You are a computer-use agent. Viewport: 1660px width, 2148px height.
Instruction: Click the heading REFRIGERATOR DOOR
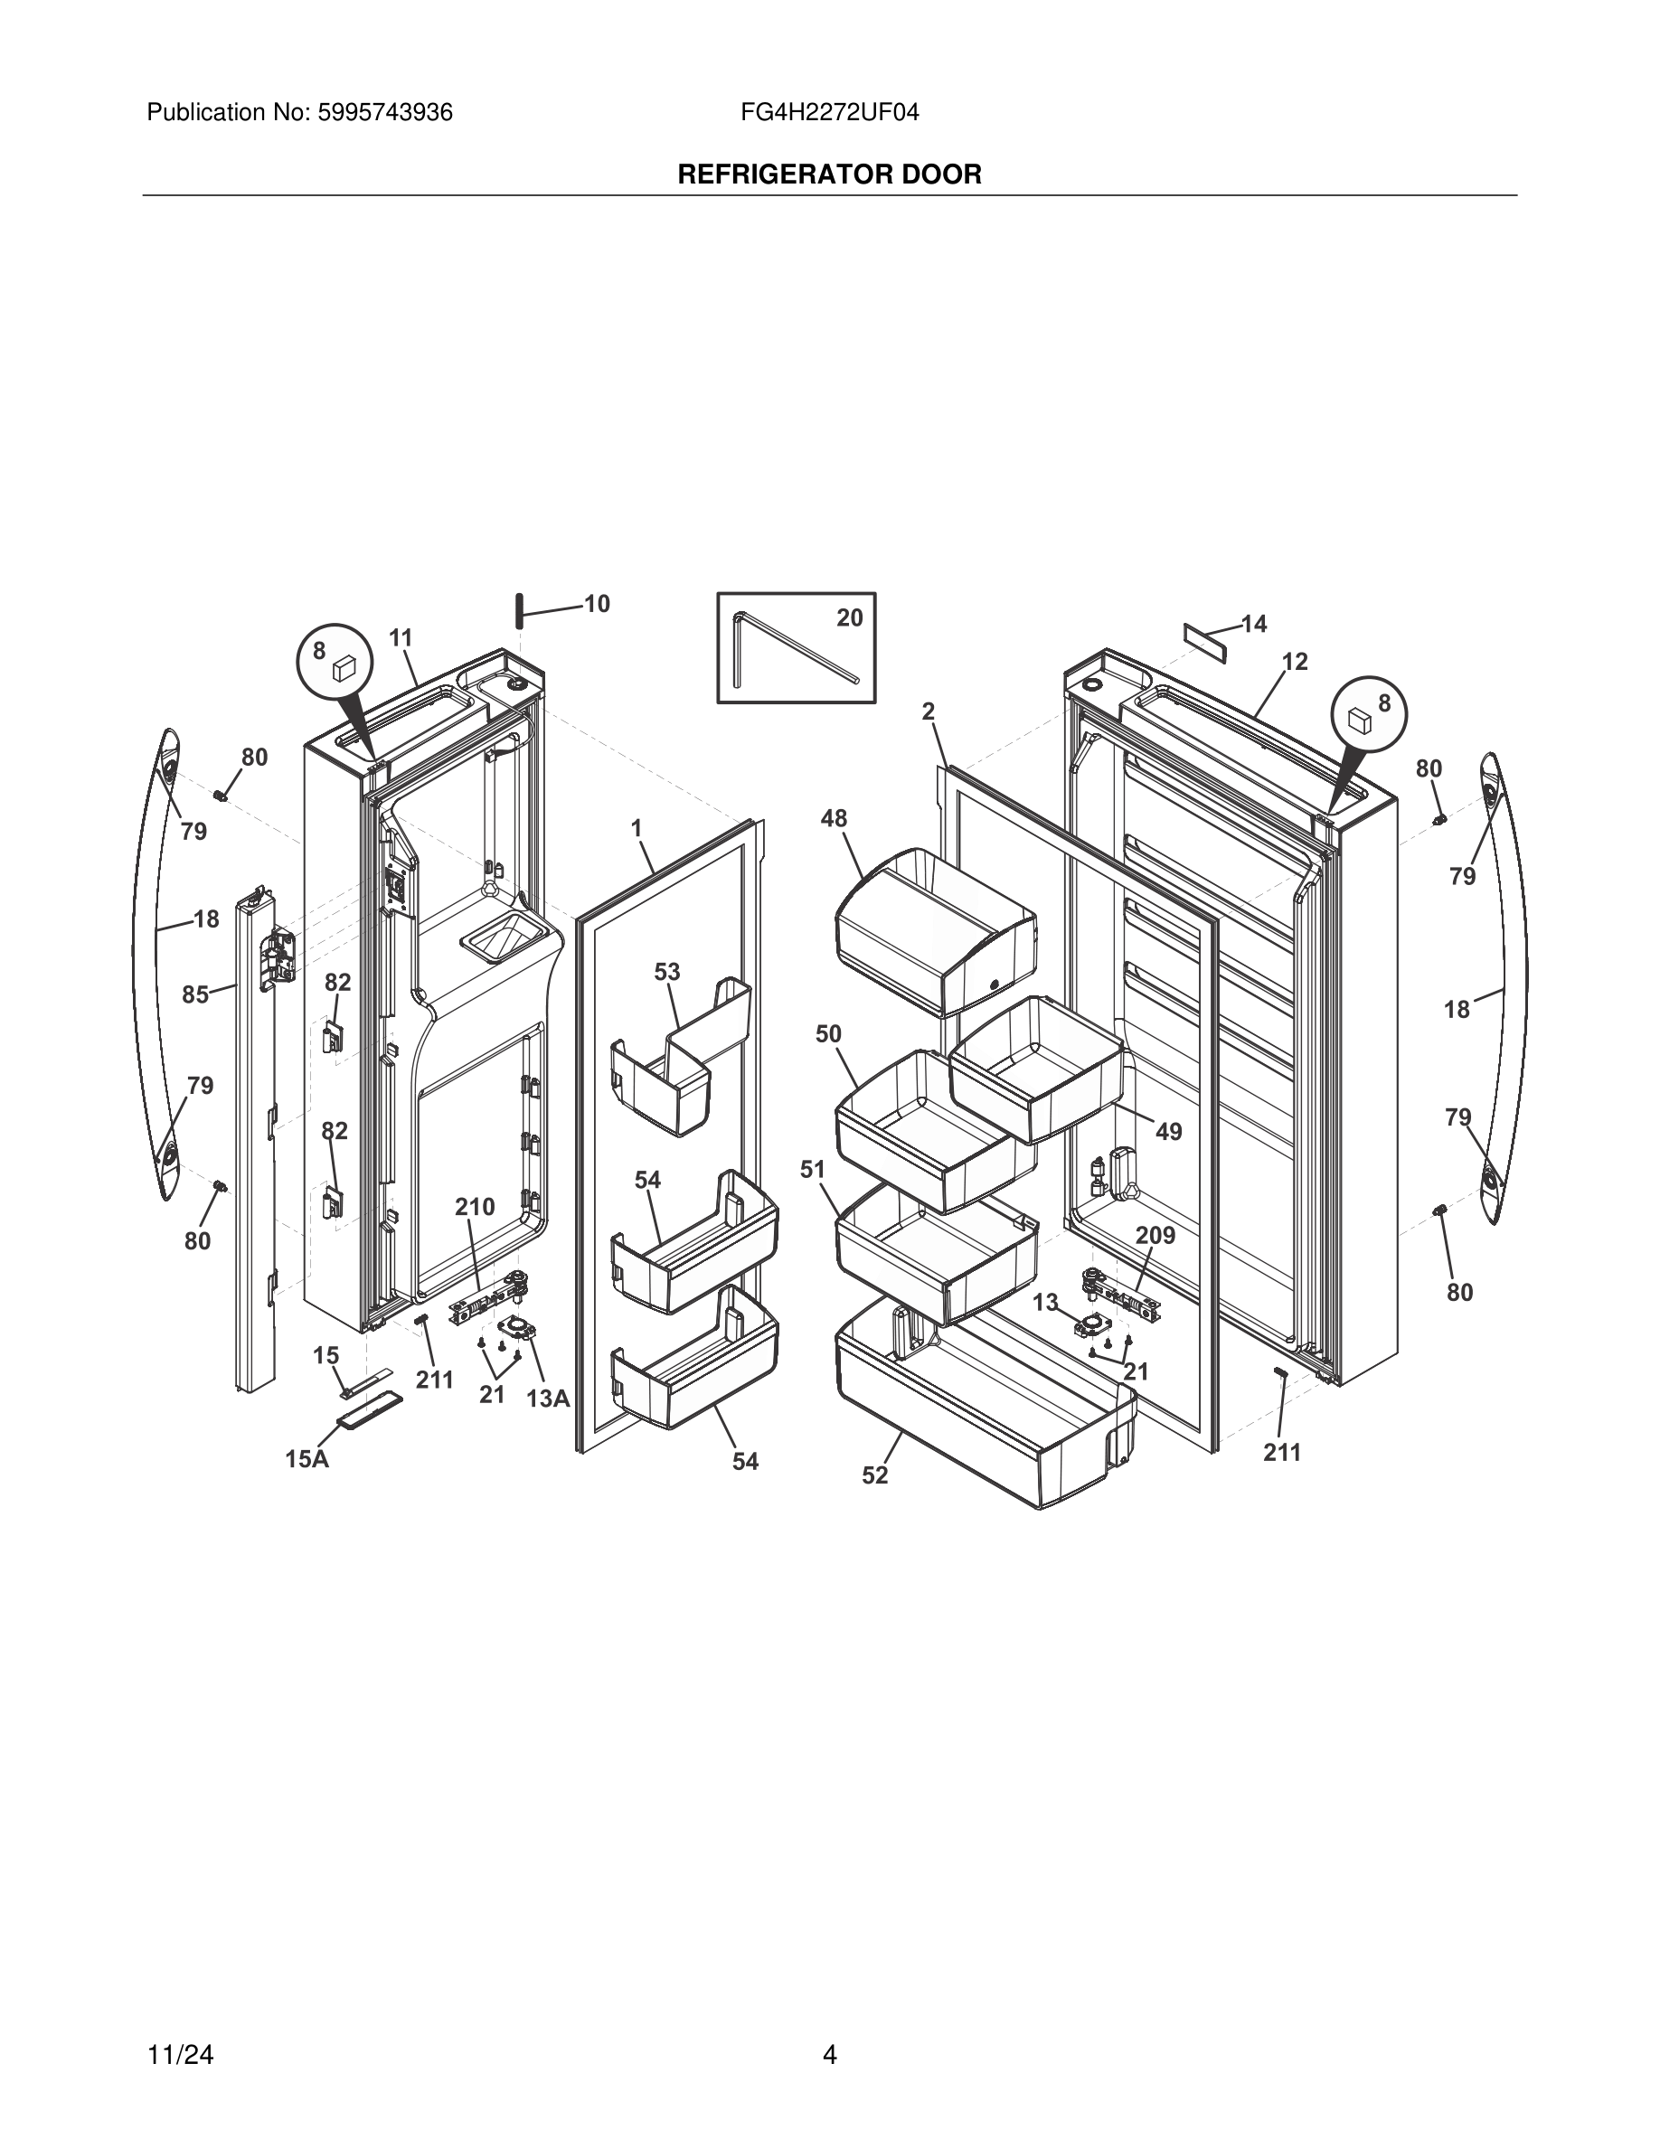coord(829,175)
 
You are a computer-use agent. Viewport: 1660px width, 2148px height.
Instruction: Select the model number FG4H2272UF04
coord(830,113)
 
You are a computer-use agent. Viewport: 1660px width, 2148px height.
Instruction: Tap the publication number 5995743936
coord(383,113)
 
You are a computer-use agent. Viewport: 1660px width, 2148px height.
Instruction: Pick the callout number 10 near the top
coord(597,604)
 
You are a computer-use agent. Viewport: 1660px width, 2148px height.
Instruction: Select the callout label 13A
coord(549,1399)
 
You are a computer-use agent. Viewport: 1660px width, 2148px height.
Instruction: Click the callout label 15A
coord(307,1459)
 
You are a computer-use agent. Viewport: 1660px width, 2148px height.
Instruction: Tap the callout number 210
coord(474,1207)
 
